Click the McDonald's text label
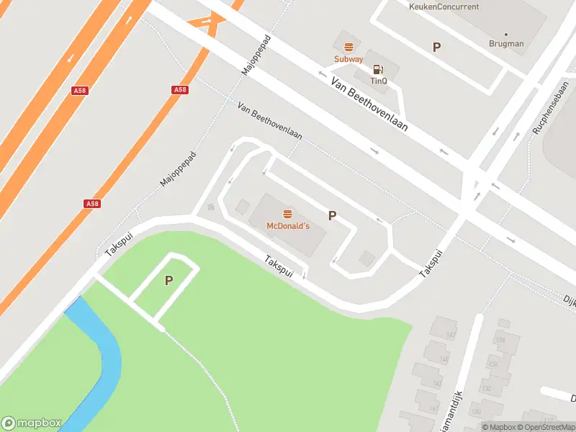[288, 226]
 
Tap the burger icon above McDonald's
[288, 214]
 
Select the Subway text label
[348, 59]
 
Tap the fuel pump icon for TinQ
[377, 70]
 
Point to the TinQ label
[379, 81]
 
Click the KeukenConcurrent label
[444, 6]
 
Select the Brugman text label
[506, 44]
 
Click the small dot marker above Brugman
[506, 34]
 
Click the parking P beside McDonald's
[333, 215]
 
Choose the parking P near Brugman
[436, 47]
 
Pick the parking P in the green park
[169, 281]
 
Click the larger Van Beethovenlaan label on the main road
[369, 104]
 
